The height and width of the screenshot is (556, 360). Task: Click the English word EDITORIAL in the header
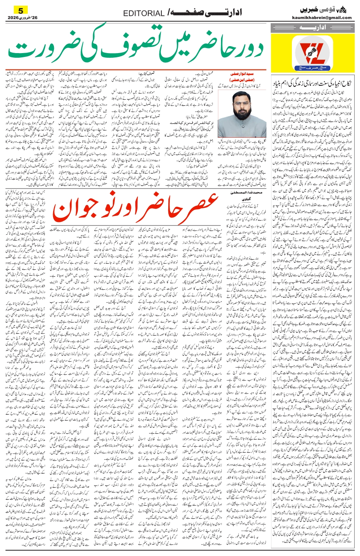click(x=144, y=13)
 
